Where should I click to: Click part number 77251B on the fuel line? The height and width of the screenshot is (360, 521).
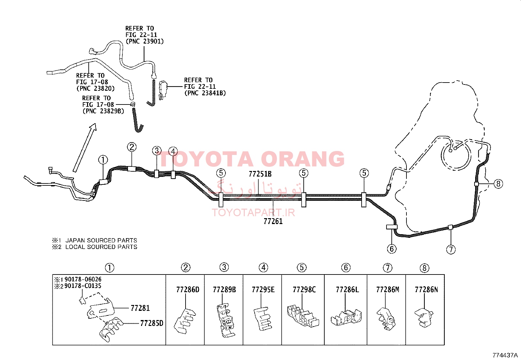(x=260, y=174)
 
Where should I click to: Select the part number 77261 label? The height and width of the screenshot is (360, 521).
(x=273, y=221)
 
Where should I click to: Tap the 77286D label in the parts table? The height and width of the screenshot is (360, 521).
(x=188, y=290)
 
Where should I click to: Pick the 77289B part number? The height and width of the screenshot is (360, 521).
(x=225, y=290)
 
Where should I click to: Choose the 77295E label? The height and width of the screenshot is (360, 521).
(x=263, y=290)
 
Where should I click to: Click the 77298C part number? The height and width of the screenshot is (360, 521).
(x=304, y=290)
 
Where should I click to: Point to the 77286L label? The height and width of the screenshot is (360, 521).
(x=347, y=290)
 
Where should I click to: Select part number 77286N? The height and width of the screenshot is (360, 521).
(x=426, y=290)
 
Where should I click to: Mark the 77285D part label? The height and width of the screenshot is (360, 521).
(x=152, y=323)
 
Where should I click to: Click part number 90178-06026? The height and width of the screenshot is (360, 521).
(x=83, y=279)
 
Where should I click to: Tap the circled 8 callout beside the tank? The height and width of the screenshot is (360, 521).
(x=498, y=184)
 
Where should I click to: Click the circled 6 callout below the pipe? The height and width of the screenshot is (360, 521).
(x=392, y=249)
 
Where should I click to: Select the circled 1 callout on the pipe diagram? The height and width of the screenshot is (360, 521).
(x=103, y=160)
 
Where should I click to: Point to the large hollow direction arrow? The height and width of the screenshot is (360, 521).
(x=85, y=148)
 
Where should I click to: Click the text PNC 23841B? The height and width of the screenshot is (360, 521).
(x=205, y=93)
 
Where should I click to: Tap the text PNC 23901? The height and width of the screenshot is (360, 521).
(x=145, y=42)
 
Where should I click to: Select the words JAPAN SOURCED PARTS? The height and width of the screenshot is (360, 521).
(x=101, y=240)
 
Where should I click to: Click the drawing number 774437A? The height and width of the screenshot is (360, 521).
(x=505, y=355)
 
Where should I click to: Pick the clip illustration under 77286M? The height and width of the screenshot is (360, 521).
(x=386, y=318)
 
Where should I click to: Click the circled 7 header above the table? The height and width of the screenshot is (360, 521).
(x=387, y=268)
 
